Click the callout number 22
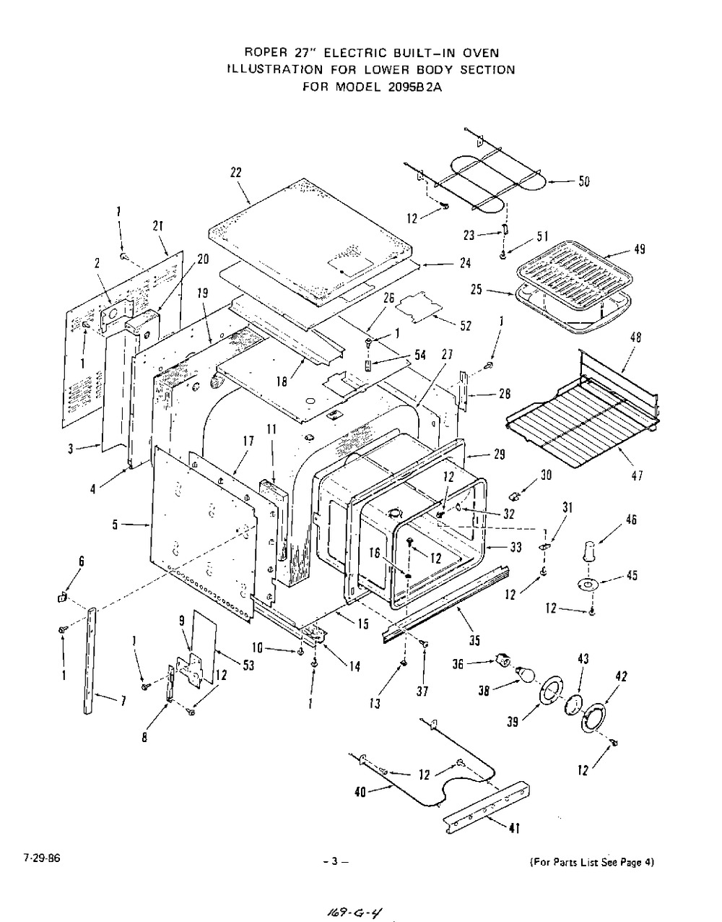click(235, 173)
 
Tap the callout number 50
click(583, 181)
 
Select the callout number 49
click(639, 250)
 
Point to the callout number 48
click(635, 338)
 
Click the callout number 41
click(513, 829)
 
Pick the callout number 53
click(248, 665)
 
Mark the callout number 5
click(116, 525)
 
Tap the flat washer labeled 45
click(588, 584)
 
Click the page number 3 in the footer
click(335, 861)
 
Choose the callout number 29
click(499, 454)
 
